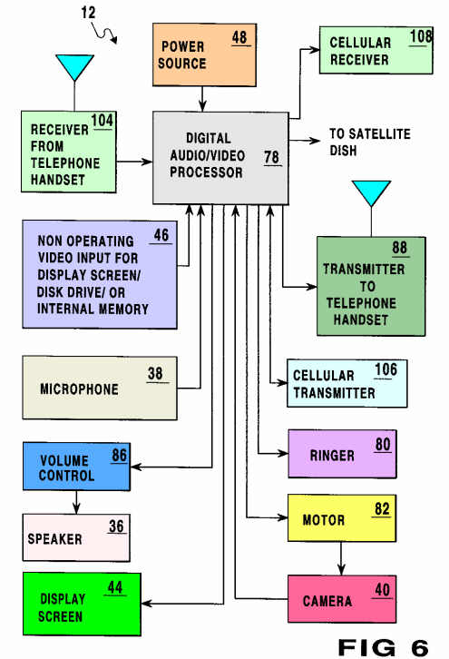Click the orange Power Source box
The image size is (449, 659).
coord(204,54)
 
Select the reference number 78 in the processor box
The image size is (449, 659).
coord(272,157)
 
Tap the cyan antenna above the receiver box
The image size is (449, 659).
coord(74,68)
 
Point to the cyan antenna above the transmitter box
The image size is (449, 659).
coord(371,193)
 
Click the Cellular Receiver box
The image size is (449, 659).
coord(376,51)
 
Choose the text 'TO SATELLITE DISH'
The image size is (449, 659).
coord(369,142)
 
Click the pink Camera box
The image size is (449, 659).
coord(342,599)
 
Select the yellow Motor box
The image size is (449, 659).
coord(341,517)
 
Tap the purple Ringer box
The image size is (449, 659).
coord(342,454)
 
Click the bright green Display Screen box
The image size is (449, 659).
coord(82,604)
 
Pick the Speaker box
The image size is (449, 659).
coord(76,537)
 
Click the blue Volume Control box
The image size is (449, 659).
coord(76,466)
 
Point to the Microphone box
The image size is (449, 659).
coord(100,388)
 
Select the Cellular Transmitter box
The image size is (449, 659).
coord(347,383)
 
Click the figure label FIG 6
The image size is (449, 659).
coord(383,647)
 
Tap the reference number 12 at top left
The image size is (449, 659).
coord(88,12)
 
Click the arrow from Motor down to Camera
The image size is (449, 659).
coord(341,558)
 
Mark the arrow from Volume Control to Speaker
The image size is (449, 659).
coord(76,502)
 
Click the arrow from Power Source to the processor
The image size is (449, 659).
coord(202,99)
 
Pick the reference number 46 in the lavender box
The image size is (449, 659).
coord(161,235)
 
